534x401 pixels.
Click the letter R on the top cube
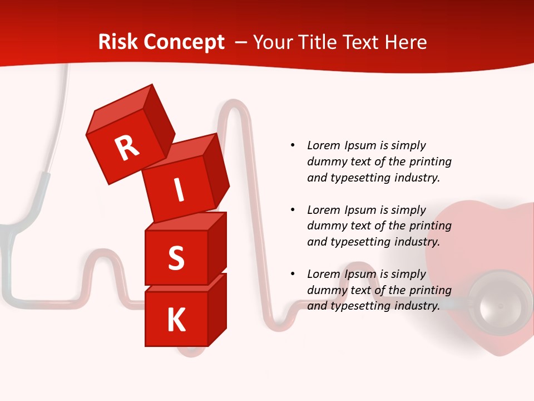(x=127, y=148)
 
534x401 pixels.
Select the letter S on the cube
(x=176, y=258)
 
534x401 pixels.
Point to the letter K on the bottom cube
(x=176, y=320)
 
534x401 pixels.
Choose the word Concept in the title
(x=184, y=42)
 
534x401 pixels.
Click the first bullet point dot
(x=293, y=145)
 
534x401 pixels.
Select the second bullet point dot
(x=293, y=210)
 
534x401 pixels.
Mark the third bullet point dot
(x=293, y=274)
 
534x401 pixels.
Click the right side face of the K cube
(x=217, y=309)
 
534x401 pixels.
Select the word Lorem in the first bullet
(x=323, y=145)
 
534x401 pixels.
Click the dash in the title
(x=242, y=42)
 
